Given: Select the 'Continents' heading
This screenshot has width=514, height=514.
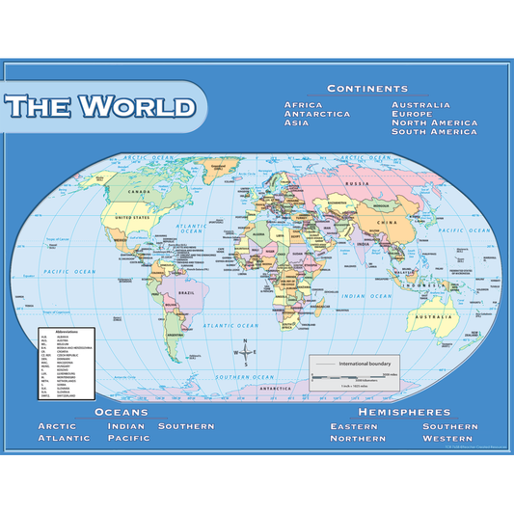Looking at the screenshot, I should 366,88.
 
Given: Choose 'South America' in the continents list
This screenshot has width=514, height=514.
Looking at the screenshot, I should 434,132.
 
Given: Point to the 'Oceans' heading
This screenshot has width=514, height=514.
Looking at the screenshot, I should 121,411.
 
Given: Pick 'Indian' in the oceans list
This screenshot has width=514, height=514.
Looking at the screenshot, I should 125,425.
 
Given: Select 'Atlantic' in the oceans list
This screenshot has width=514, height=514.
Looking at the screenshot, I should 64,438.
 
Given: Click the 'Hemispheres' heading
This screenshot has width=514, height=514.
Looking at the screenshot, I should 404,411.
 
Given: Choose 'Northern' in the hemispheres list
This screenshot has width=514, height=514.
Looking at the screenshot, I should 358,438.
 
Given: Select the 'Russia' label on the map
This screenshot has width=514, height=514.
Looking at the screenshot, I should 358,183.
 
